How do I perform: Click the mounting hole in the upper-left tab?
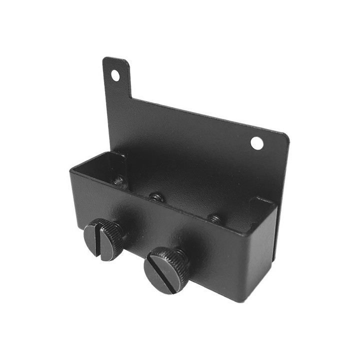coord(115,75)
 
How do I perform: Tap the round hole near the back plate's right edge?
coord(257,143)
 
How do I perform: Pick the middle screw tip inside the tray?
coord(157,196)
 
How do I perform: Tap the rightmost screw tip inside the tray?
coord(214,218)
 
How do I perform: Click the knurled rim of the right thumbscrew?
coord(180,256)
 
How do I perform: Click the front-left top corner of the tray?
coord(71,171)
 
